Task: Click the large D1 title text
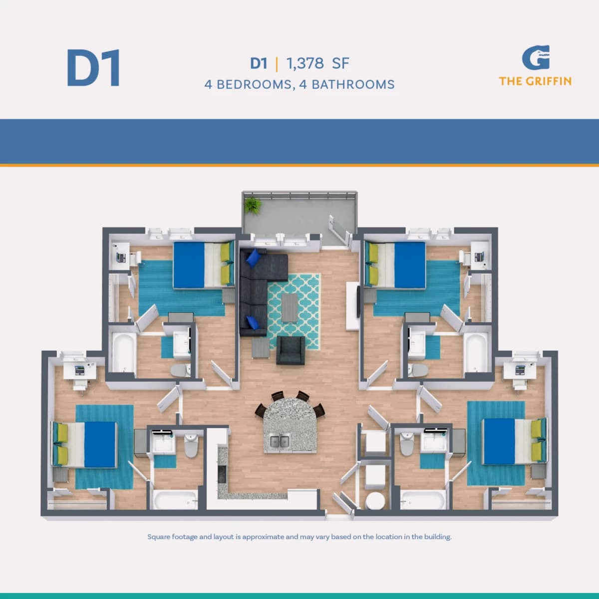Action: [x=93, y=68]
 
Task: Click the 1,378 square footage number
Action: [x=304, y=63]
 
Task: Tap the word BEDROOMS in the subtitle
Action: [x=254, y=84]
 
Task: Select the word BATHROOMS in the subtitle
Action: [x=353, y=84]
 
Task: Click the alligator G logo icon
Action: [x=536, y=57]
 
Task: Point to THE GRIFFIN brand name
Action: [x=535, y=81]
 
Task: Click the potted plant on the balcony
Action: [x=253, y=206]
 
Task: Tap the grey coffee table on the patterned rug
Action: [x=290, y=308]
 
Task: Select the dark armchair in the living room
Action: [x=291, y=350]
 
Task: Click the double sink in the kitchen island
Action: [x=280, y=442]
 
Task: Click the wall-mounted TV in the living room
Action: [x=358, y=301]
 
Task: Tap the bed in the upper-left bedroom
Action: [x=204, y=265]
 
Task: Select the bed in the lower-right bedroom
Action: [x=514, y=441]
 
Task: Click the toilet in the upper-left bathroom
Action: [x=180, y=370]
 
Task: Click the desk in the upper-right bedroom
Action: [x=480, y=256]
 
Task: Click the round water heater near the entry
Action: [x=375, y=501]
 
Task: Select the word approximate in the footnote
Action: [x=263, y=545]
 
